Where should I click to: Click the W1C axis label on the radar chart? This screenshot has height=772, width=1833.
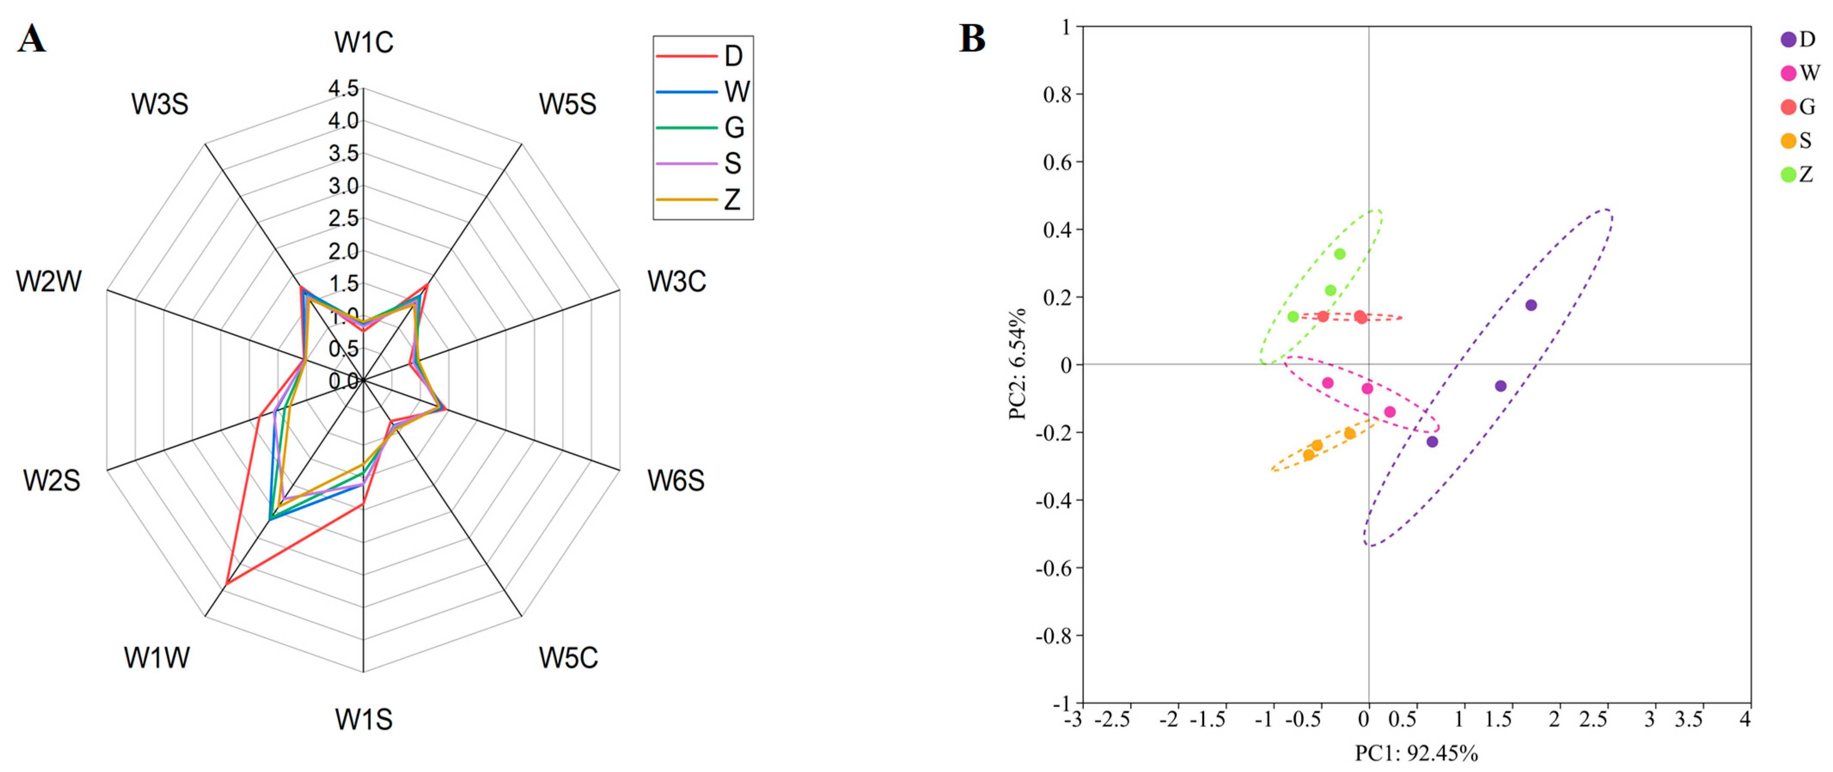tap(363, 43)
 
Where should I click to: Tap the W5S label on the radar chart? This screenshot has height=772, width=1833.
tap(567, 105)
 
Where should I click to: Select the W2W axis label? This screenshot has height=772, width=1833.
tap(49, 282)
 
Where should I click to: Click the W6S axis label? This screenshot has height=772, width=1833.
tap(675, 481)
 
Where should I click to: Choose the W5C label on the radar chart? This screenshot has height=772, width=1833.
tap(568, 657)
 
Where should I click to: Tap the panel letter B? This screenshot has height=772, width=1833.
tap(972, 39)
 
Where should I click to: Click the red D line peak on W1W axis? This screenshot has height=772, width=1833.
tap(226, 584)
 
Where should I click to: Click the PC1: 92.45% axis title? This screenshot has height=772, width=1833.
tap(1415, 753)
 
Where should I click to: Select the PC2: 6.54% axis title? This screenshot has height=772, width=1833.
tap(1018, 364)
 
